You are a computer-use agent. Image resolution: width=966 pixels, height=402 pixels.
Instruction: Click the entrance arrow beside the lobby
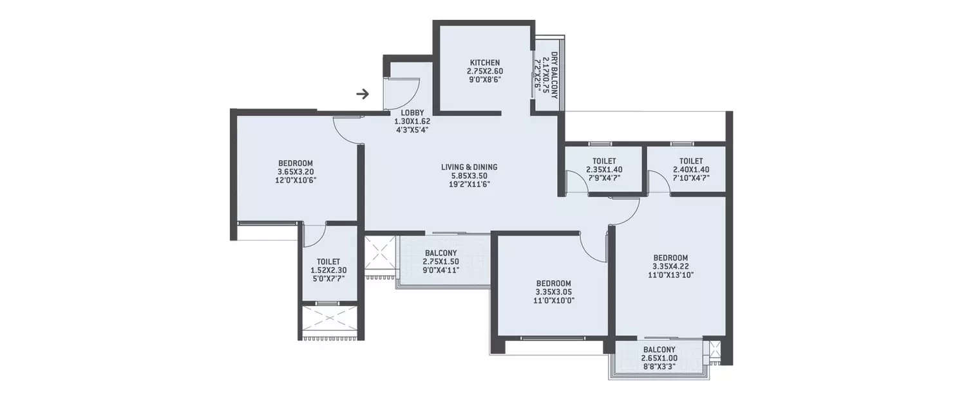[x=363, y=95]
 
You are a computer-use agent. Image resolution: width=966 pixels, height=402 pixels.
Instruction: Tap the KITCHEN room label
[x=484, y=62]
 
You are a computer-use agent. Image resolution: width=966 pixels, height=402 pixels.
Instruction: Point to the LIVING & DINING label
[x=469, y=167]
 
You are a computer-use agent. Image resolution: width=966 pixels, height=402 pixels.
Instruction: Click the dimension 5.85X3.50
[x=469, y=176]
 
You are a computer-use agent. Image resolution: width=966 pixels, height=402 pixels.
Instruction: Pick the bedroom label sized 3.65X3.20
[x=296, y=163]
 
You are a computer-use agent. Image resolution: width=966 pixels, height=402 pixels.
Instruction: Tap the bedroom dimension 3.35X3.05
[x=554, y=292]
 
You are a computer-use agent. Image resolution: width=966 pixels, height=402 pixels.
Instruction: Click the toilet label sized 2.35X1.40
[x=604, y=169]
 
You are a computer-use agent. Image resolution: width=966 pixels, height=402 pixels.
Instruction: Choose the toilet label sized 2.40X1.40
[x=690, y=169]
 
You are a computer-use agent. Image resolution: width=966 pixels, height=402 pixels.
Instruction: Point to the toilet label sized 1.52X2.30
[x=329, y=270]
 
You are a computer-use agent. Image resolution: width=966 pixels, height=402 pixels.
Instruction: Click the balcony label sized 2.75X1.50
[x=440, y=261]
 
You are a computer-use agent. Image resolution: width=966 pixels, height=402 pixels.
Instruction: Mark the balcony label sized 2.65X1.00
[x=659, y=358]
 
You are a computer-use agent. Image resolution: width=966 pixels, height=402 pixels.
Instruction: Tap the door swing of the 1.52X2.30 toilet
[x=315, y=237]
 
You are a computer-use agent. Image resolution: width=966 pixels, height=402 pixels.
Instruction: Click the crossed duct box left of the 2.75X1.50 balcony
[x=379, y=252]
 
